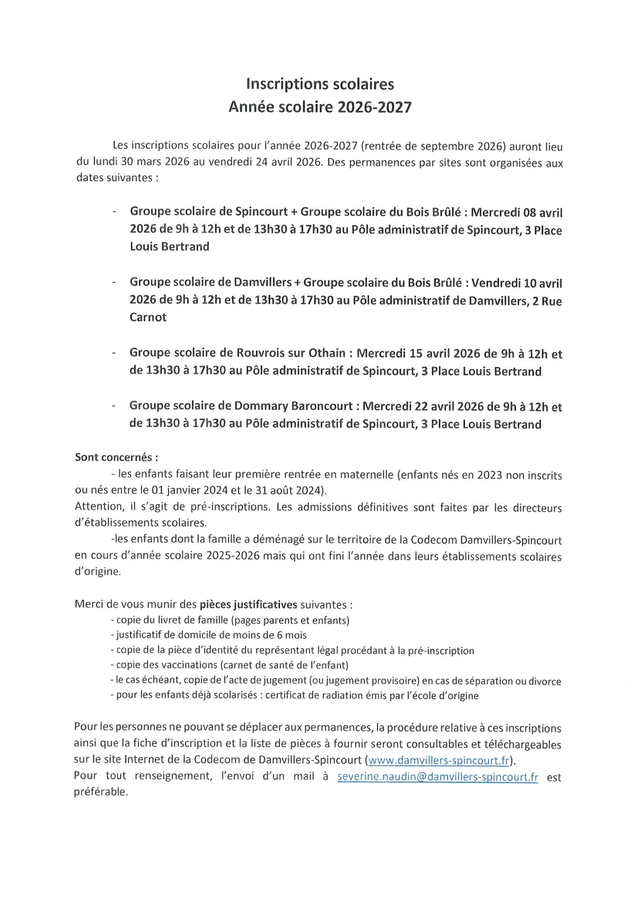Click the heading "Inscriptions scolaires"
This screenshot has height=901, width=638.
point(319,85)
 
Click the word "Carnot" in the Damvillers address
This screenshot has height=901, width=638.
point(147,317)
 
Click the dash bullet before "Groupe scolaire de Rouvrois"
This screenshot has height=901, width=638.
point(113,353)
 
